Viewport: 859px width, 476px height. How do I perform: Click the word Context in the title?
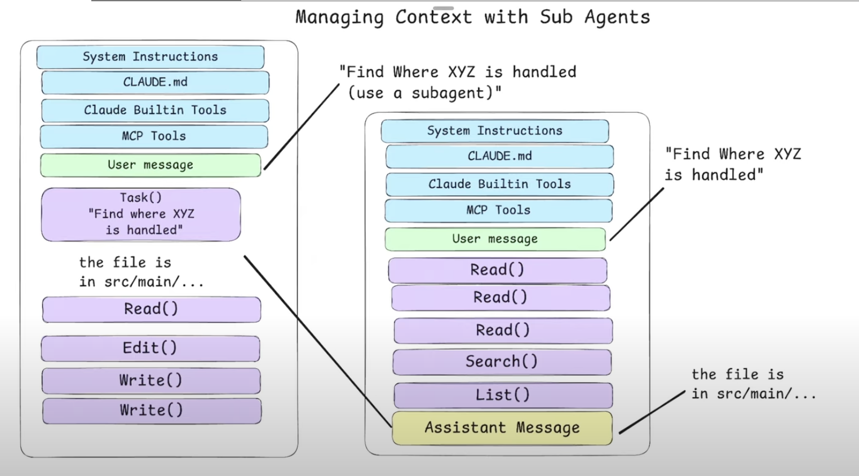click(433, 17)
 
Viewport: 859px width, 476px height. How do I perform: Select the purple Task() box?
click(141, 214)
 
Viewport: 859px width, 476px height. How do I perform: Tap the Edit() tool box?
click(150, 348)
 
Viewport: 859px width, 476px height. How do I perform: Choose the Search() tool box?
click(502, 362)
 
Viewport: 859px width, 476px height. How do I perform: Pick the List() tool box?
click(503, 395)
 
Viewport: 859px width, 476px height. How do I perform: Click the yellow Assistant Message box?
click(502, 428)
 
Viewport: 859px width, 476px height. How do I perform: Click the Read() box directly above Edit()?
click(151, 309)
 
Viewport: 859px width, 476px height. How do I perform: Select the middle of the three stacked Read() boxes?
click(501, 297)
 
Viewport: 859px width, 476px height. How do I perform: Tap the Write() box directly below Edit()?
click(151, 381)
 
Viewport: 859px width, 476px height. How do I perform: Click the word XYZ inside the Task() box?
click(183, 214)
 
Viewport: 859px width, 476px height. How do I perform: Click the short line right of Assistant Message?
click(652, 412)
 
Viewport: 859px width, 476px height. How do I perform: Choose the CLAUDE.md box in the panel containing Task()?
click(155, 82)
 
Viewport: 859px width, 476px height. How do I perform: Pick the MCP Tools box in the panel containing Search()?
click(498, 210)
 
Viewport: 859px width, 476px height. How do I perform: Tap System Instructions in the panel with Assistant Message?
click(494, 131)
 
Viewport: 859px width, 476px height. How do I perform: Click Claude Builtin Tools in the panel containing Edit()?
click(155, 111)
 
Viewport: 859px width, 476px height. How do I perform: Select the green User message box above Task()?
click(150, 165)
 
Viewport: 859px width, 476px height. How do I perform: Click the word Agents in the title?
click(617, 17)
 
